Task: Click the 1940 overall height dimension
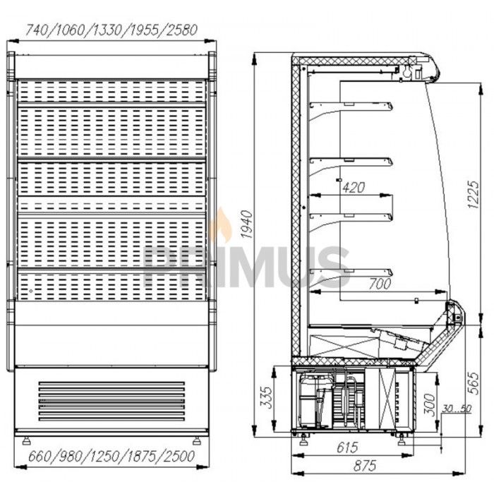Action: [x=247, y=224]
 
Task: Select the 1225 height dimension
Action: [x=474, y=194]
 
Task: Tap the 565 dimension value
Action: [x=474, y=383]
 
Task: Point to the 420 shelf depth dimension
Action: [x=354, y=188]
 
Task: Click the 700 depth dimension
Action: [x=380, y=284]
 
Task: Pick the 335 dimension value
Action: [x=267, y=397]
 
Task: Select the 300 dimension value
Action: [x=429, y=405]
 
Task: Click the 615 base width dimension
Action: [x=347, y=447]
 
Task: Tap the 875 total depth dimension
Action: [x=365, y=466]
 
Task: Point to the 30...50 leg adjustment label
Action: [x=457, y=409]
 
